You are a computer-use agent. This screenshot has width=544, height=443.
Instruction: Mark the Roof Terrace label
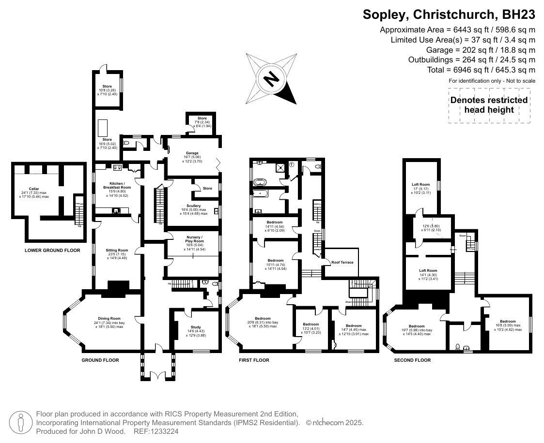click(x=342, y=262)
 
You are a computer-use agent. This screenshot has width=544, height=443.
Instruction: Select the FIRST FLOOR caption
click(x=254, y=360)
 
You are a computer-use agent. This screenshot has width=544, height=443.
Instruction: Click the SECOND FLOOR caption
click(x=412, y=360)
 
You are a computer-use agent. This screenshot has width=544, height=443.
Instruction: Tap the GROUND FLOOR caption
click(x=100, y=360)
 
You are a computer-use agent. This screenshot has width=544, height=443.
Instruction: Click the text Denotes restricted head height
click(x=489, y=104)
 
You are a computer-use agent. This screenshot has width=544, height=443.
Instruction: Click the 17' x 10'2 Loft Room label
click(x=421, y=184)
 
